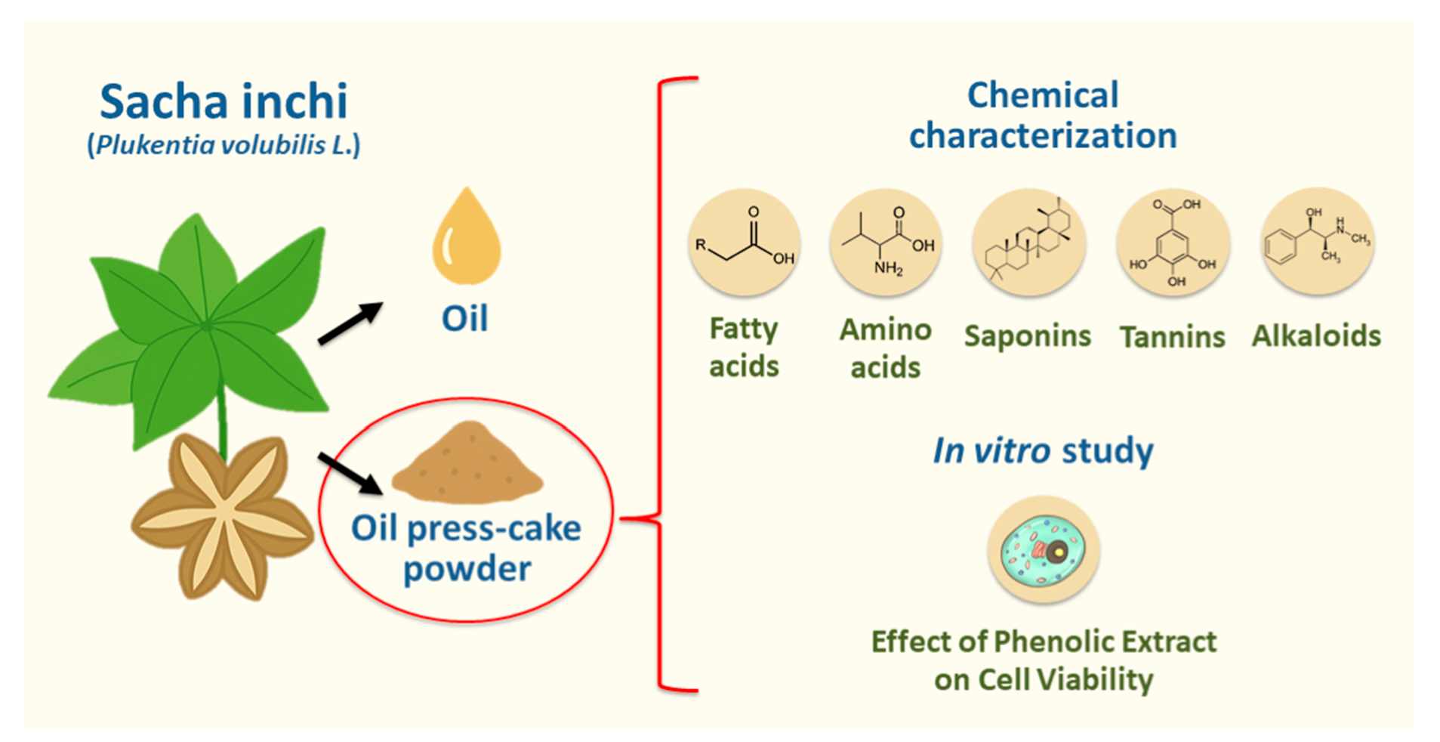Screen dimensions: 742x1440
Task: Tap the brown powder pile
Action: coord(467,464)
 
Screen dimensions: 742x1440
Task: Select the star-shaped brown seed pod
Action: coord(223,518)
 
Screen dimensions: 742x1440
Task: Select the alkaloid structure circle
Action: coord(1318,242)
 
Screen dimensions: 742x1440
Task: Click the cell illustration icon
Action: coord(1044,550)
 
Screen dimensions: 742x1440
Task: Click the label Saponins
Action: coord(1028,335)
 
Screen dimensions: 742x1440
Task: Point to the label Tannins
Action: coord(1172,337)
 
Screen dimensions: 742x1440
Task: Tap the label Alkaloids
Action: coord(1316,335)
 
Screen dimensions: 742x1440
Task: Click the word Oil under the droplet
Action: coord(464,318)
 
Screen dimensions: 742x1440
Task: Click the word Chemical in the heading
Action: coord(1043,95)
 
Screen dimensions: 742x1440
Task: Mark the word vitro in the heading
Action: coord(1011,450)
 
